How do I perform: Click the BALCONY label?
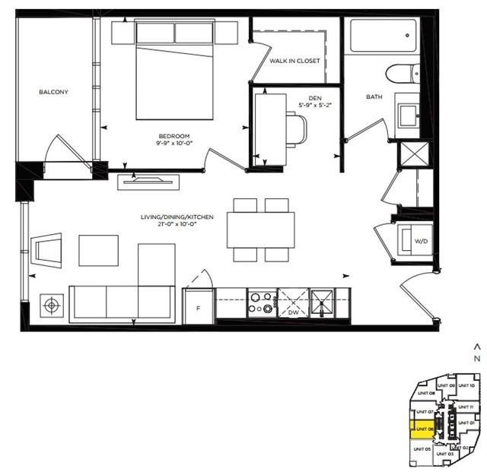click(x=54, y=93)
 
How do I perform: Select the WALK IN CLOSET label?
click(x=294, y=61)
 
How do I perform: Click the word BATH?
click(x=374, y=97)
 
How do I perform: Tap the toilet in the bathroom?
click(x=399, y=74)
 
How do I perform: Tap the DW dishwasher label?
click(x=294, y=312)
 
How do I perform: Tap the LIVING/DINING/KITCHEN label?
click(x=177, y=217)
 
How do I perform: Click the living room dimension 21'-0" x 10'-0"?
click(x=177, y=226)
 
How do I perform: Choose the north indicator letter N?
click(x=476, y=358)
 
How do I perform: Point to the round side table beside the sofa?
click(x=51, y=306)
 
